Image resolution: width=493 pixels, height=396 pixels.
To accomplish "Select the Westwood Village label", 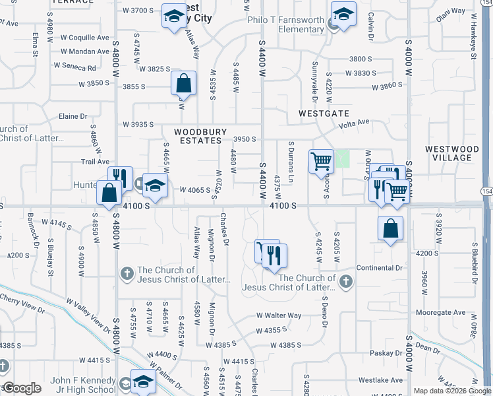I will (x=452, y=153).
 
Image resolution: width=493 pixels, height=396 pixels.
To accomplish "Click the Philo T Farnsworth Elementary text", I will (x=285, y=24).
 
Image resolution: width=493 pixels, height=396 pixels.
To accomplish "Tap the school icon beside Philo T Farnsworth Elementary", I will (x=343, y=15).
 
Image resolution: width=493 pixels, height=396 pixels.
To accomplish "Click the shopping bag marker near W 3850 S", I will (x=184, y=84).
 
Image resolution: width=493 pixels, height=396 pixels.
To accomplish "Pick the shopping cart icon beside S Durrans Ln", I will (x=321, y=161).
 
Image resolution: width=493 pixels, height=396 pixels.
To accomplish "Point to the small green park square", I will (x=343, y=159).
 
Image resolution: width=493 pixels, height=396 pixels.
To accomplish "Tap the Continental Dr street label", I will (x=379, y=267).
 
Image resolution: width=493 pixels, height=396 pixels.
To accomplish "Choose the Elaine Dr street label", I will (x=73, y=116).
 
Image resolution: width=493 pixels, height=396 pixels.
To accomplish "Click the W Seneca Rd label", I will (x=75, y=67).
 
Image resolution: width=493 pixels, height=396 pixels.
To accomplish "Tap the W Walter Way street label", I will (x=279, y=316).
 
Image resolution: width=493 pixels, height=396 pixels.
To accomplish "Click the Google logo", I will (x=22, y=388).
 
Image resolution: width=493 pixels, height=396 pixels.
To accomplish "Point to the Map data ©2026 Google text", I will (x=451, y=391).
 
